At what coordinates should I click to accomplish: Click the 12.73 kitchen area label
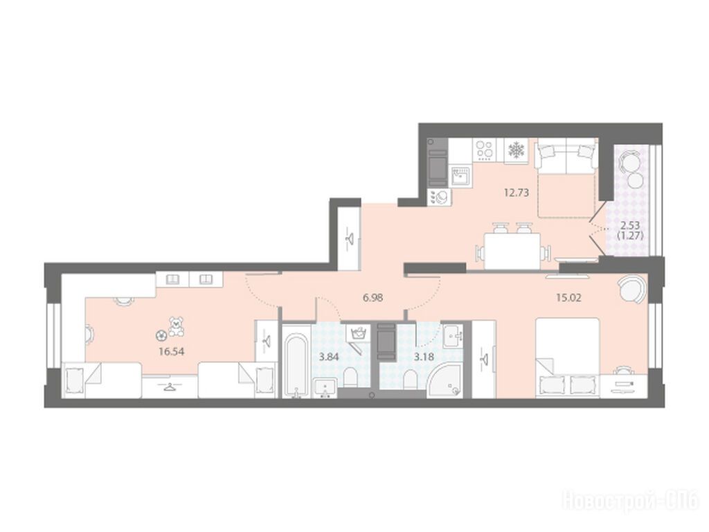coord(517,193)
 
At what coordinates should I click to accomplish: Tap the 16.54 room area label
coord(172,351)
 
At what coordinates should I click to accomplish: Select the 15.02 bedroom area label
coord(568,298)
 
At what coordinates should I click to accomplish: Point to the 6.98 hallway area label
coord(373,298)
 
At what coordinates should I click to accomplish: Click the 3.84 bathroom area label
coord(329,357)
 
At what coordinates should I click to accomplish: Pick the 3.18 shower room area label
coord(424,357)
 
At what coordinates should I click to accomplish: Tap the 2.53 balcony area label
coord(630,226)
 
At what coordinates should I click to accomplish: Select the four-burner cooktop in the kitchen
coord(485,150)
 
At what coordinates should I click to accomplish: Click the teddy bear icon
coord(175,327)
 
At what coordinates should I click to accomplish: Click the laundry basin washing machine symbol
coord(358,335)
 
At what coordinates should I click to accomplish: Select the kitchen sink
coord(460,175)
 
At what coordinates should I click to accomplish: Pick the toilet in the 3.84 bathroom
coord(350,378)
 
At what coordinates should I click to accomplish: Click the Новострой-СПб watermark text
coord(631,500)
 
